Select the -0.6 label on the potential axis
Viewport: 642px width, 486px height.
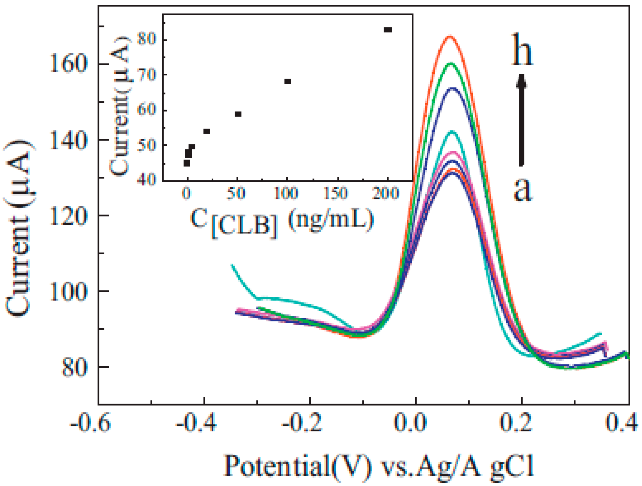click(90, 423)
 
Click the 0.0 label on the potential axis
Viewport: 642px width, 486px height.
click(410, 423)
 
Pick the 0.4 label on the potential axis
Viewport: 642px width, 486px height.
click(621, 423)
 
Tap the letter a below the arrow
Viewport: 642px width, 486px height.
click(523, 189)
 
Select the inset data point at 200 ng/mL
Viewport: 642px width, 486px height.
click(388, 30)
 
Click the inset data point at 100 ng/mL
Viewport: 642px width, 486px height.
click(287, 81)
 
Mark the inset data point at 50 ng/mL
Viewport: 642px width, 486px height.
click(238, 114)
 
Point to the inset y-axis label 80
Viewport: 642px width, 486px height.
click(146, 39)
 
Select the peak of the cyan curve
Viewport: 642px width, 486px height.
click(452, 132)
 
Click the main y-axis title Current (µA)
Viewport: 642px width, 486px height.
click(20, 228)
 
